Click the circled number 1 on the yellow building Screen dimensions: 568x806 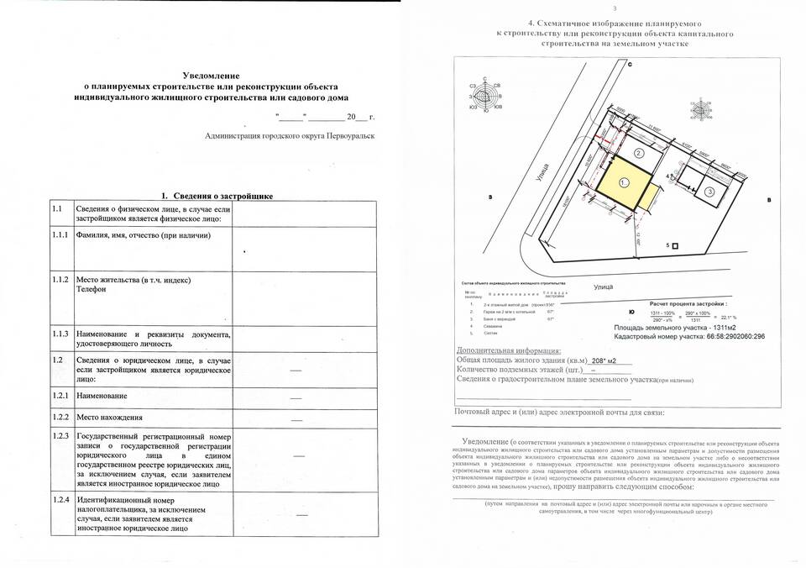[x=623, y=181]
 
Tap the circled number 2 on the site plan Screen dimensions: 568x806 [x=639, y=153]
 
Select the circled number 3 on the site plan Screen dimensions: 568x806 [x=710, y=192]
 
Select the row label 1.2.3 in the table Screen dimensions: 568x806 [x=60, y=436]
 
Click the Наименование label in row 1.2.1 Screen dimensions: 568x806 [x=102, y=395]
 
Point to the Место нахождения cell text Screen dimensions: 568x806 [x=109, y=416]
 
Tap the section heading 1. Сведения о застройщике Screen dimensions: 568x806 [x=217, y=195]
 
